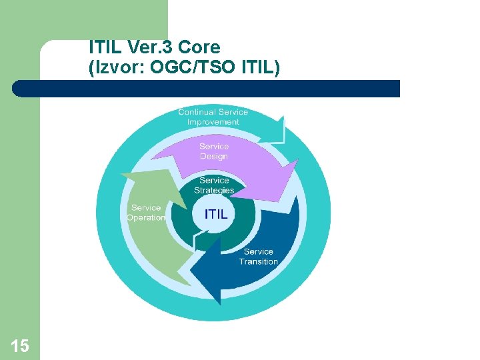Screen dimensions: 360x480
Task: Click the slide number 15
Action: point(20,345)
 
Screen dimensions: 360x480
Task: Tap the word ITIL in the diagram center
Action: point(215,215)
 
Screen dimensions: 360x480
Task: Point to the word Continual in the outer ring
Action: point(197,112)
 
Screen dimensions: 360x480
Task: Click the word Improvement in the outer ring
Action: point(213,122)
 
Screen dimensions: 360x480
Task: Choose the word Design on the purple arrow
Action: point(214,157)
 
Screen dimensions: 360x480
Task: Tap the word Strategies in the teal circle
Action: point(214,190)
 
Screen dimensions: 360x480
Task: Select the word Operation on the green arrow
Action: point(146,218)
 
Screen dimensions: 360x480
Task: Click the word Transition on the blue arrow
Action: point(259,261)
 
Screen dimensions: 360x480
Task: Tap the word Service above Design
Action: point(214,147)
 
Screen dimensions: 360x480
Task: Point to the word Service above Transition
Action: point(259,251)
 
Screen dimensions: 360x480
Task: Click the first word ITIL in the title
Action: point(103,48)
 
